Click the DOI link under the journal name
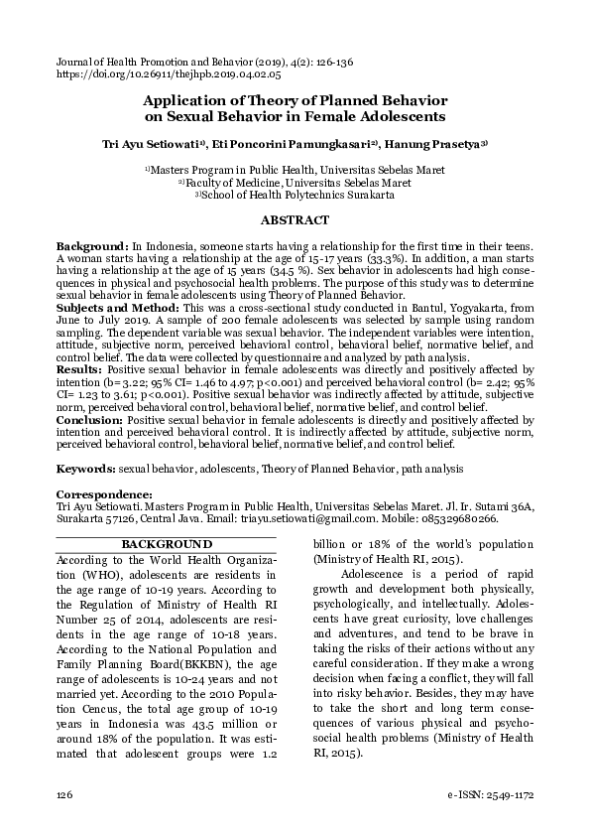coord(169,74)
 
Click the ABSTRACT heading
coord(295,220)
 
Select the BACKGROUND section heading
coord(166,544)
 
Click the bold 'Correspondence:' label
coord(104,493)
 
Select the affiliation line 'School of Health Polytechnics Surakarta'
coord(295,196)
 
